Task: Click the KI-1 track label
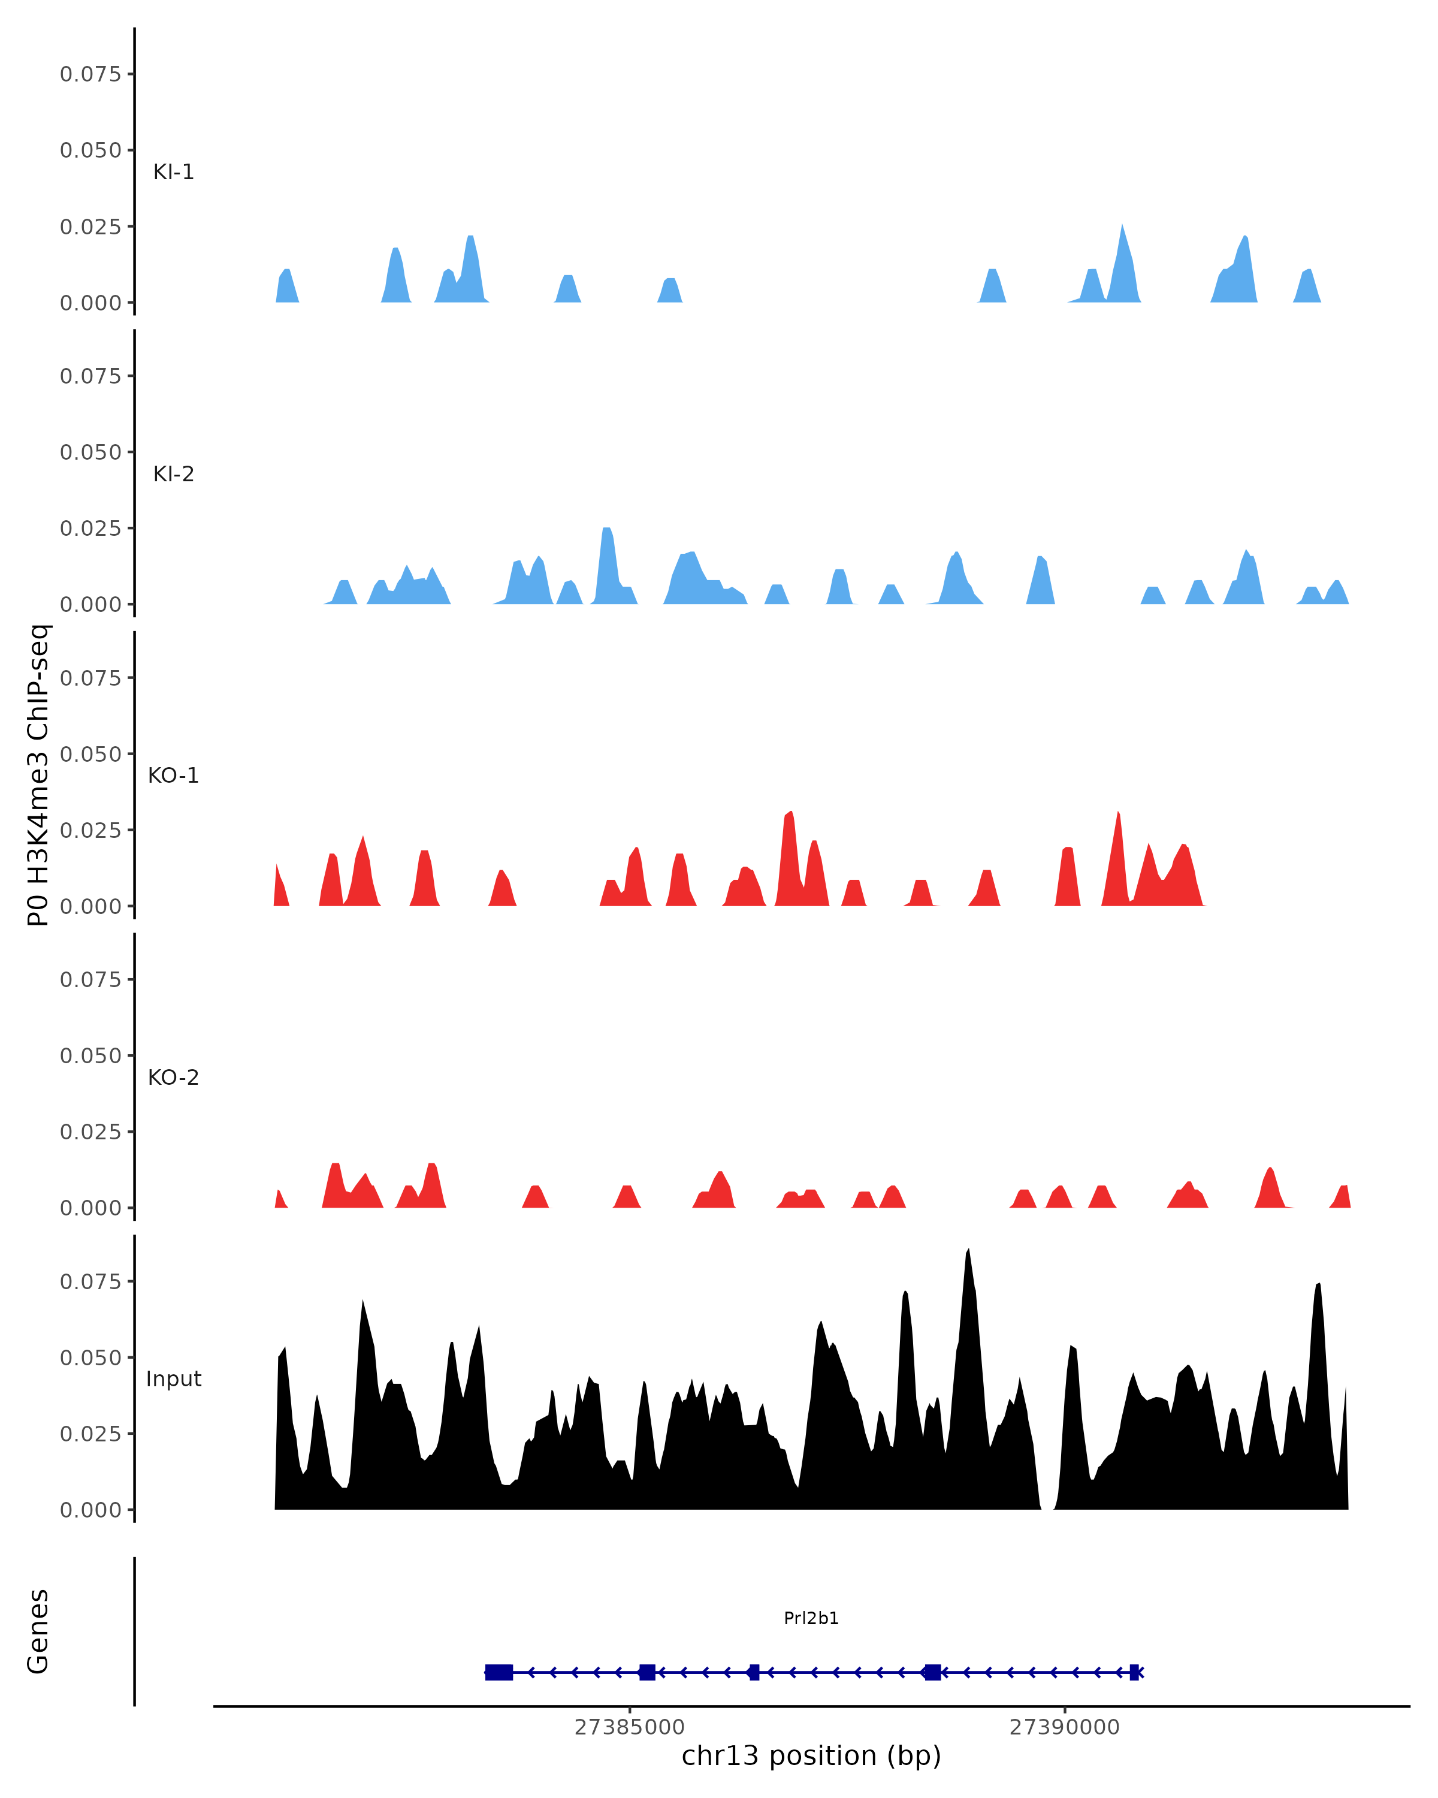173,172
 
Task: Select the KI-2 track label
173,473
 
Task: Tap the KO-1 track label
173,776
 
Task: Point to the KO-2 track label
173,1078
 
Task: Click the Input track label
173,1379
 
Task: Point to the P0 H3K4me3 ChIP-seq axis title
38,776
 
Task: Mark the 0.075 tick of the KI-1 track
91,74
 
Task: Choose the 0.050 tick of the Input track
91,1357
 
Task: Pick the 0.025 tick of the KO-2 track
91,1132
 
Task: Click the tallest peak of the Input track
968,1251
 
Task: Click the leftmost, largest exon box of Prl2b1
499,1672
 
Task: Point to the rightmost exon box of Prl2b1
1134,1672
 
